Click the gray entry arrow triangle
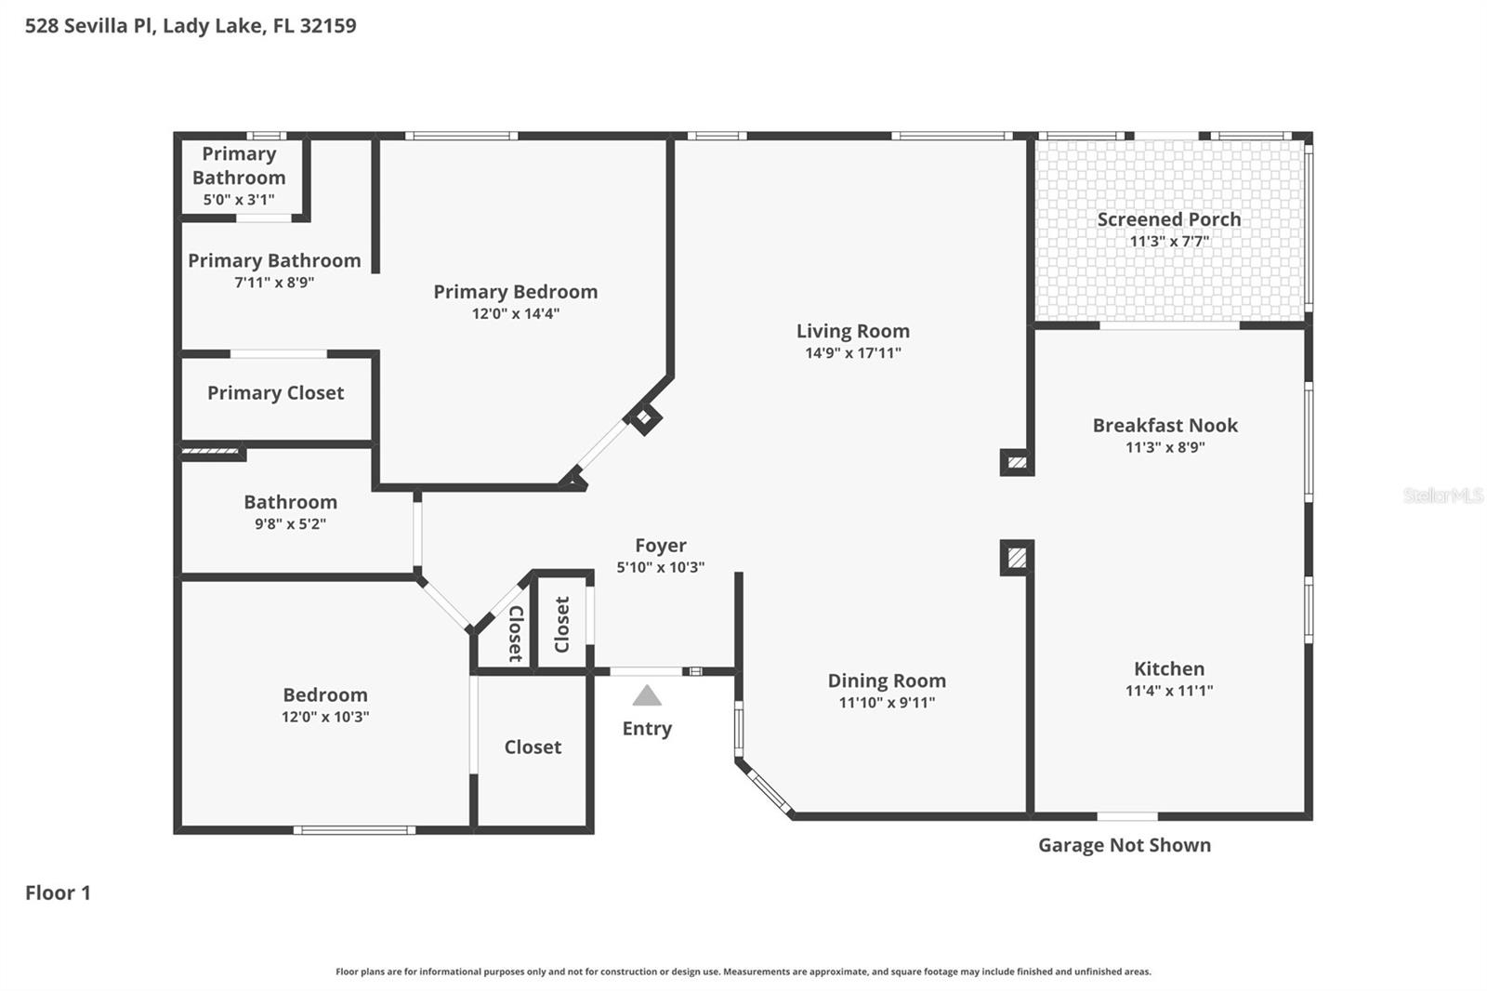pos(647,695)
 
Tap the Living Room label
pos(852,331)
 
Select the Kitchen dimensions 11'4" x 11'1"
pos(1168,691)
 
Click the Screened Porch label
pos(1168,219)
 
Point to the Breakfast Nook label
pos(1165,426)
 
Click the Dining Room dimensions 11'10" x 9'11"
pos(887,703)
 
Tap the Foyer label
pos(660,546)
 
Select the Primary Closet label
pos(275,393)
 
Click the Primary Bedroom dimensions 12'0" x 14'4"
pos(515,314)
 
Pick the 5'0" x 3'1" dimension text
pos(239,200)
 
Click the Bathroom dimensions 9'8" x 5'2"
pos(290,524)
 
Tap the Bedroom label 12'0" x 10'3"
pos(324,695)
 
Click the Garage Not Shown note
pos(1124,845)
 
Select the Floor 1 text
pos(58,892)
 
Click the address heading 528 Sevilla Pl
pos(190,25)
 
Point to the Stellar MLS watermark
pos(1442,495)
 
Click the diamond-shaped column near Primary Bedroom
pos(644,417)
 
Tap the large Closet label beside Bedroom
pos(533,747)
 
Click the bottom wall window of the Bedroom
pos(353,829)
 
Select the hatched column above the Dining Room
pos(1017,558)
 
